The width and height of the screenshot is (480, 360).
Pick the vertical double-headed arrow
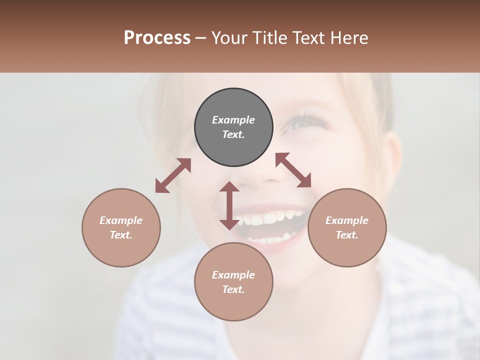229,205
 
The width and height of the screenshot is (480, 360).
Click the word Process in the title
157,37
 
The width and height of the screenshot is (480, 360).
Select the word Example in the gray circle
233,120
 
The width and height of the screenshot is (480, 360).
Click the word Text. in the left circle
121,235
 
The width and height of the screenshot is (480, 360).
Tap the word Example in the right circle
347,220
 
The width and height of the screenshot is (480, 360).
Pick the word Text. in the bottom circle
233,289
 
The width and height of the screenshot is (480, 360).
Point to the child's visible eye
301,121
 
